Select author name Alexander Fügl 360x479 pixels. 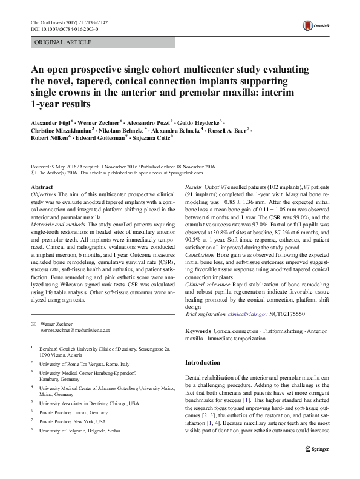tap(51, 121)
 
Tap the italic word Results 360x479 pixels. tap(193, 188)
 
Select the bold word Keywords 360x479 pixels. tap(197, 332)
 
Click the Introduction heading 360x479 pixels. tap(203, 362)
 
